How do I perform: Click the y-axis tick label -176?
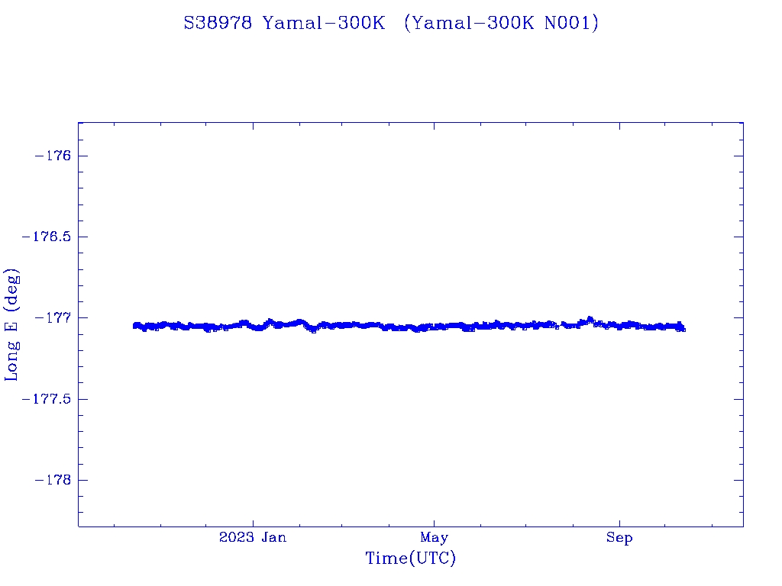tap(52, 156)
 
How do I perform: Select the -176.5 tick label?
tap(46, 237)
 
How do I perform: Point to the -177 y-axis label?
tap(52, 317)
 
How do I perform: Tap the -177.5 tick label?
tap(46, 399)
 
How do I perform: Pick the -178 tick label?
tap(52, 480)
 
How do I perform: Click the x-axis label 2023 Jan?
tap(253, 538)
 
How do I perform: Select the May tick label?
tap(434, 538)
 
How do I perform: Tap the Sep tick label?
tap(619, 538)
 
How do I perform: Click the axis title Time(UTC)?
tap(410, 559)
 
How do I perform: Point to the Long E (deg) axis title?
tap(12, 324)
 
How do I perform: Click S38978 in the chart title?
tap(218, 23)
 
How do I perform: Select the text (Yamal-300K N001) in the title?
tap(501, 23)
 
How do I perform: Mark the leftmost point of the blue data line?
tap(134, 326)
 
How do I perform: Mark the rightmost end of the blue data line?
tap(683, 329)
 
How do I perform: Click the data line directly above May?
tap(434, 327)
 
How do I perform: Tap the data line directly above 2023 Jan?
tap(253, 326)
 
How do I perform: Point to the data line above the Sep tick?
tap(619, 325)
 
